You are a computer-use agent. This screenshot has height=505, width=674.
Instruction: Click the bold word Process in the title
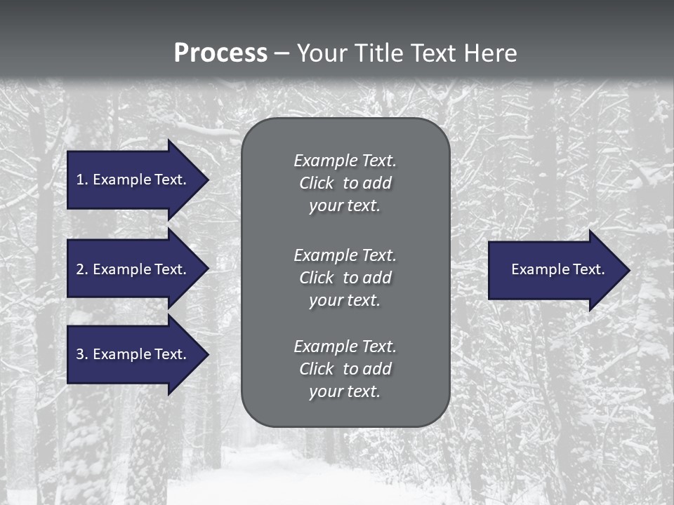[x=220, y=53]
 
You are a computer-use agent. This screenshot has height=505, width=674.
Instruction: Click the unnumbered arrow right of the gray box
[x=557, y=270]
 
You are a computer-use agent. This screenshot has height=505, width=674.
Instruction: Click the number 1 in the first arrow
[x=80, y=180]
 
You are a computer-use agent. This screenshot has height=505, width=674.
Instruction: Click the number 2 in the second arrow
[x=80, y=269]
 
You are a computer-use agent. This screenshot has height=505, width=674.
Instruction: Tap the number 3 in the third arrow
[x=80, y=354]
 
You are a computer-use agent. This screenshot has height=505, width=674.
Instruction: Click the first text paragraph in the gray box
[x=345, y=183]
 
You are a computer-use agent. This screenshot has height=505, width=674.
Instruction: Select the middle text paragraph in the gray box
[x=345, y=278]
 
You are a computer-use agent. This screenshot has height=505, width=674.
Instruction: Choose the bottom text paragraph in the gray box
[x=345, y=369]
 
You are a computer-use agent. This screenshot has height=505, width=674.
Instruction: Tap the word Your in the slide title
[x=322, y=53]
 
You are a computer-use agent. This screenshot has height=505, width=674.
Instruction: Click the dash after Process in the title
[x=282, y=53]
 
